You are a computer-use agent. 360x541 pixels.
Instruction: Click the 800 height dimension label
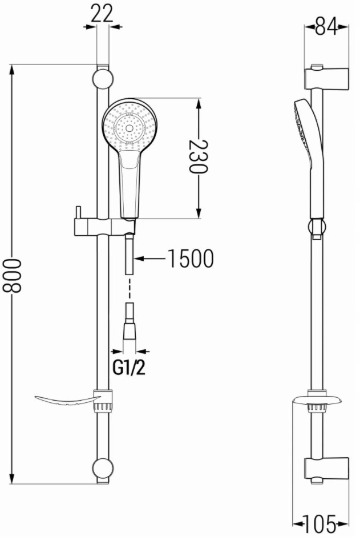12,276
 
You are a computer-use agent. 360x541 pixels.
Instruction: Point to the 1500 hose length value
191,259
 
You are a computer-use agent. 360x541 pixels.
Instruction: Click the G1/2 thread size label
130,367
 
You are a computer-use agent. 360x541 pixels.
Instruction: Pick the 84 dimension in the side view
326,27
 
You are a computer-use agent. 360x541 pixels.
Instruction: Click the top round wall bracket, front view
103,79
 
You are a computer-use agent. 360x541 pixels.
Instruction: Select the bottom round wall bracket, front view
103,469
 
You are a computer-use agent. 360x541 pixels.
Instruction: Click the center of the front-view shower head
130,128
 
